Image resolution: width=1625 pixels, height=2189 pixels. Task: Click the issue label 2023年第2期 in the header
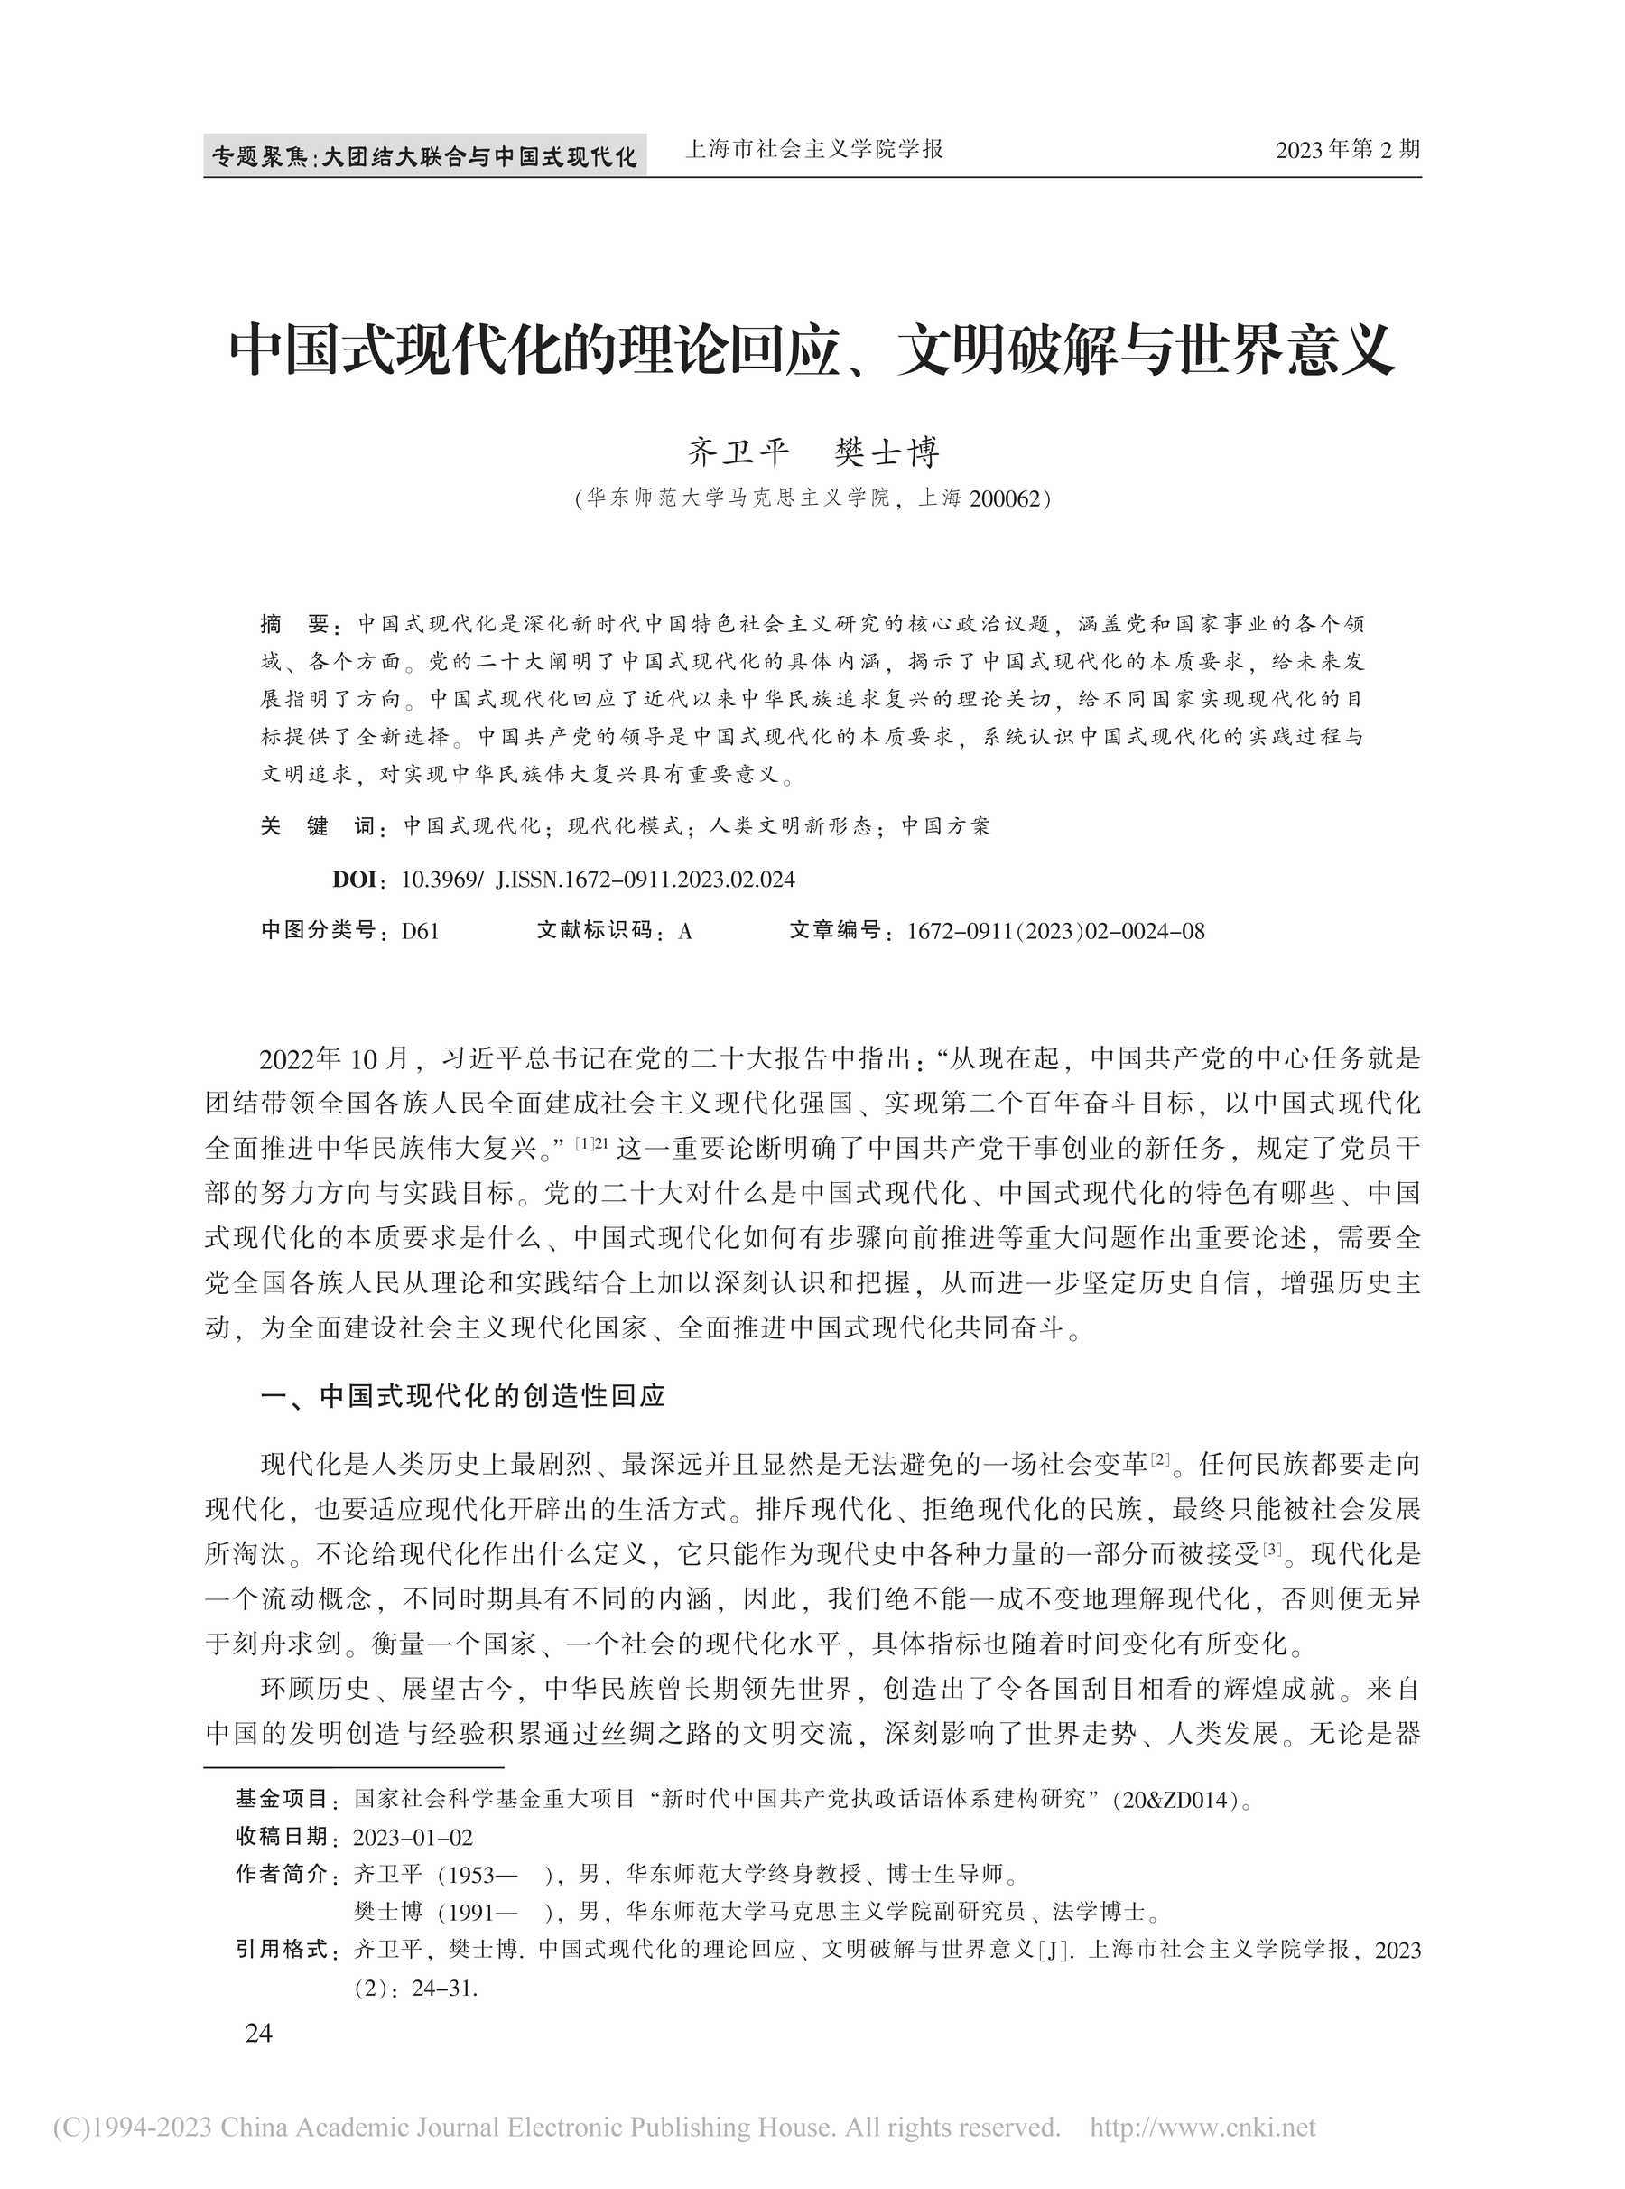[1348, 151]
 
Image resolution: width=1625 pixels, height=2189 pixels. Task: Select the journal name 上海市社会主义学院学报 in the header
[812, 150]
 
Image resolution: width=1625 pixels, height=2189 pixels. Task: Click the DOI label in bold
[354, 880]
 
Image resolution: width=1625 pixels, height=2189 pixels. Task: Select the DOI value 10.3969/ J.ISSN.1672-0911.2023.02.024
[598, 880]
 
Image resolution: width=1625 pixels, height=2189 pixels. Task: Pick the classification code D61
[420, 932]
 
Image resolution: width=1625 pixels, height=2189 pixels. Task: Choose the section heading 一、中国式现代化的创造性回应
[462, 1397]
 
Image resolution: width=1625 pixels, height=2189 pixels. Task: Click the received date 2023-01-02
[413, 1838]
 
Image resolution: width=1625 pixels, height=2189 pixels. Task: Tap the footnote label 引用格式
[282, 1950]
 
